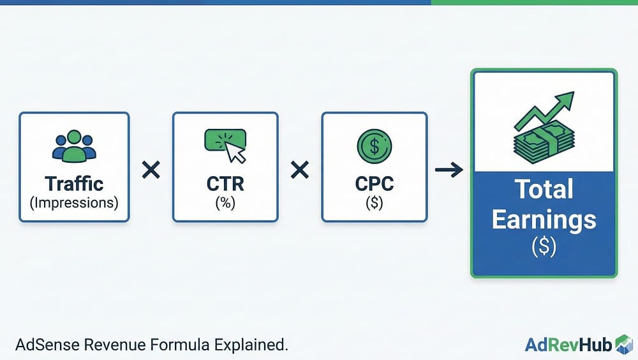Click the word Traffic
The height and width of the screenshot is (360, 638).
[x=74, y=184]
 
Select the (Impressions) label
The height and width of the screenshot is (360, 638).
[x=74, y=203]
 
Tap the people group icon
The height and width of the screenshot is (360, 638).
[x=74, y=146]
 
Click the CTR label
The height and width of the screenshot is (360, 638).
[x=225, y=184]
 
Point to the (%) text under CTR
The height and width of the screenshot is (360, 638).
[x=225, y=203]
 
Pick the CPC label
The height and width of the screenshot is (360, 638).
[x=375, y=184]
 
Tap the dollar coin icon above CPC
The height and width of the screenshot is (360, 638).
[x=375, y=146]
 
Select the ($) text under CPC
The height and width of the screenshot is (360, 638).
[x=375, y=203]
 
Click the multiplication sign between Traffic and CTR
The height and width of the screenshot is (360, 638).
[x=151, y=170]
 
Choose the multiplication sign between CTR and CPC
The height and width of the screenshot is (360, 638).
[x=300, y=170]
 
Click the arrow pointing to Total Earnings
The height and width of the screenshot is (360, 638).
[x=449, y=169]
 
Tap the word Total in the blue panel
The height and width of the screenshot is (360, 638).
[x=544, y=189]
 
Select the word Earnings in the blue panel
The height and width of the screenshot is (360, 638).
[x=544, y=220]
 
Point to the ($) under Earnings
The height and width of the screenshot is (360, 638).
[x=544, y=246]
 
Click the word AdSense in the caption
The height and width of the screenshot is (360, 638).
[x=47, y=345]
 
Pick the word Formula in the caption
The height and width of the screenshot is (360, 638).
[x=181, y=345]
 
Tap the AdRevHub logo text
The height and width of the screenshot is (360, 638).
[x=568, y=345]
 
